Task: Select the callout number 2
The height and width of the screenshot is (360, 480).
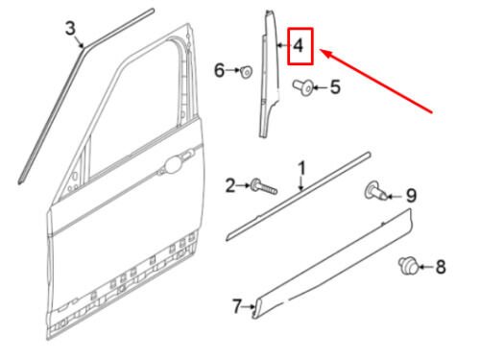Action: (229, 183)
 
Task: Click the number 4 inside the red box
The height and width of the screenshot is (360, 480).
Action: (299, 45)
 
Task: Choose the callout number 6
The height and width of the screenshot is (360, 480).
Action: (219, 70)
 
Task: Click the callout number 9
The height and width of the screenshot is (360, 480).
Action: (410, 195)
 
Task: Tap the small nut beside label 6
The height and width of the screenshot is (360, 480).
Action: (248, 70)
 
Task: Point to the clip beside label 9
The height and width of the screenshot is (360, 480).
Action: (375, 192)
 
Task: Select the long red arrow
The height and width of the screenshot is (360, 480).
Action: (384, 81)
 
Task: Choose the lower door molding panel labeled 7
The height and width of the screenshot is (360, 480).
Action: (336, 268)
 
